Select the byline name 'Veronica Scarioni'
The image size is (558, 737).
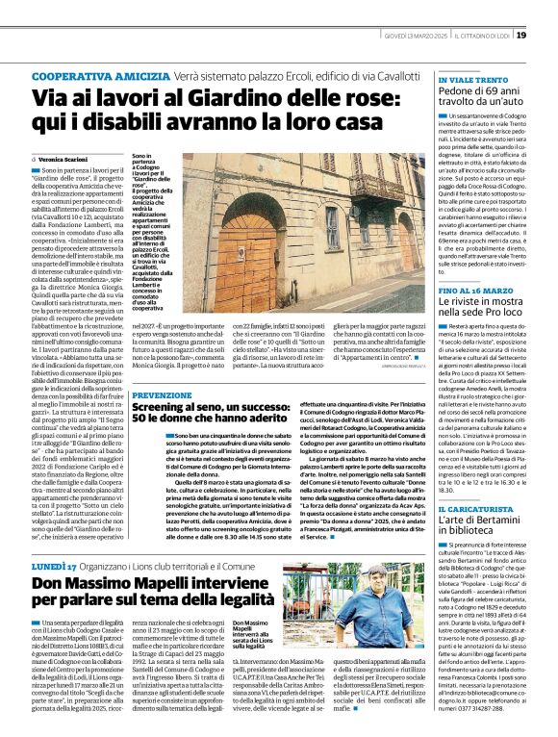62,158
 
